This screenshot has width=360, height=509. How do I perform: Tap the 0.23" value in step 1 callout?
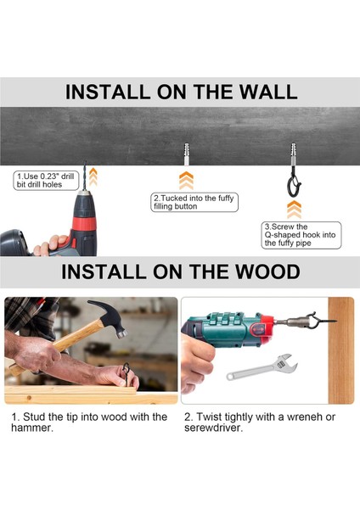[49, 176]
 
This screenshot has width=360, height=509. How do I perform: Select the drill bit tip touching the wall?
[85, 162]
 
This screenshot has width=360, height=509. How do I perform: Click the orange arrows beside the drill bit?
[93, 176]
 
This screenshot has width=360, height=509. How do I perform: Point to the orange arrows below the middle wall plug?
[186, 181]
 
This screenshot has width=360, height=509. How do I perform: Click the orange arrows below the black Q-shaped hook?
[294, 209]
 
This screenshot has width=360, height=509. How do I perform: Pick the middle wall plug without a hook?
[186, 154]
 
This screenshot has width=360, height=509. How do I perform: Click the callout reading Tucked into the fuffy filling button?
[194, 202]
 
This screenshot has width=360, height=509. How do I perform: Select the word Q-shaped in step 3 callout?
[283, 235]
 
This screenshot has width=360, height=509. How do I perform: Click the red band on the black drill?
[84, 223]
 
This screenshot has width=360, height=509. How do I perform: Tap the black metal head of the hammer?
[110, 317]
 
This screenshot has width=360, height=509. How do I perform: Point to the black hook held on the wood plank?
[126, 373]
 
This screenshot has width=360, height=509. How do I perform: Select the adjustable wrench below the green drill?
[262, 367]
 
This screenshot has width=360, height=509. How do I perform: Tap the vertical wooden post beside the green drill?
[340, 350]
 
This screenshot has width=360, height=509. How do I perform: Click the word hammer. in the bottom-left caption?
[32, 428]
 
